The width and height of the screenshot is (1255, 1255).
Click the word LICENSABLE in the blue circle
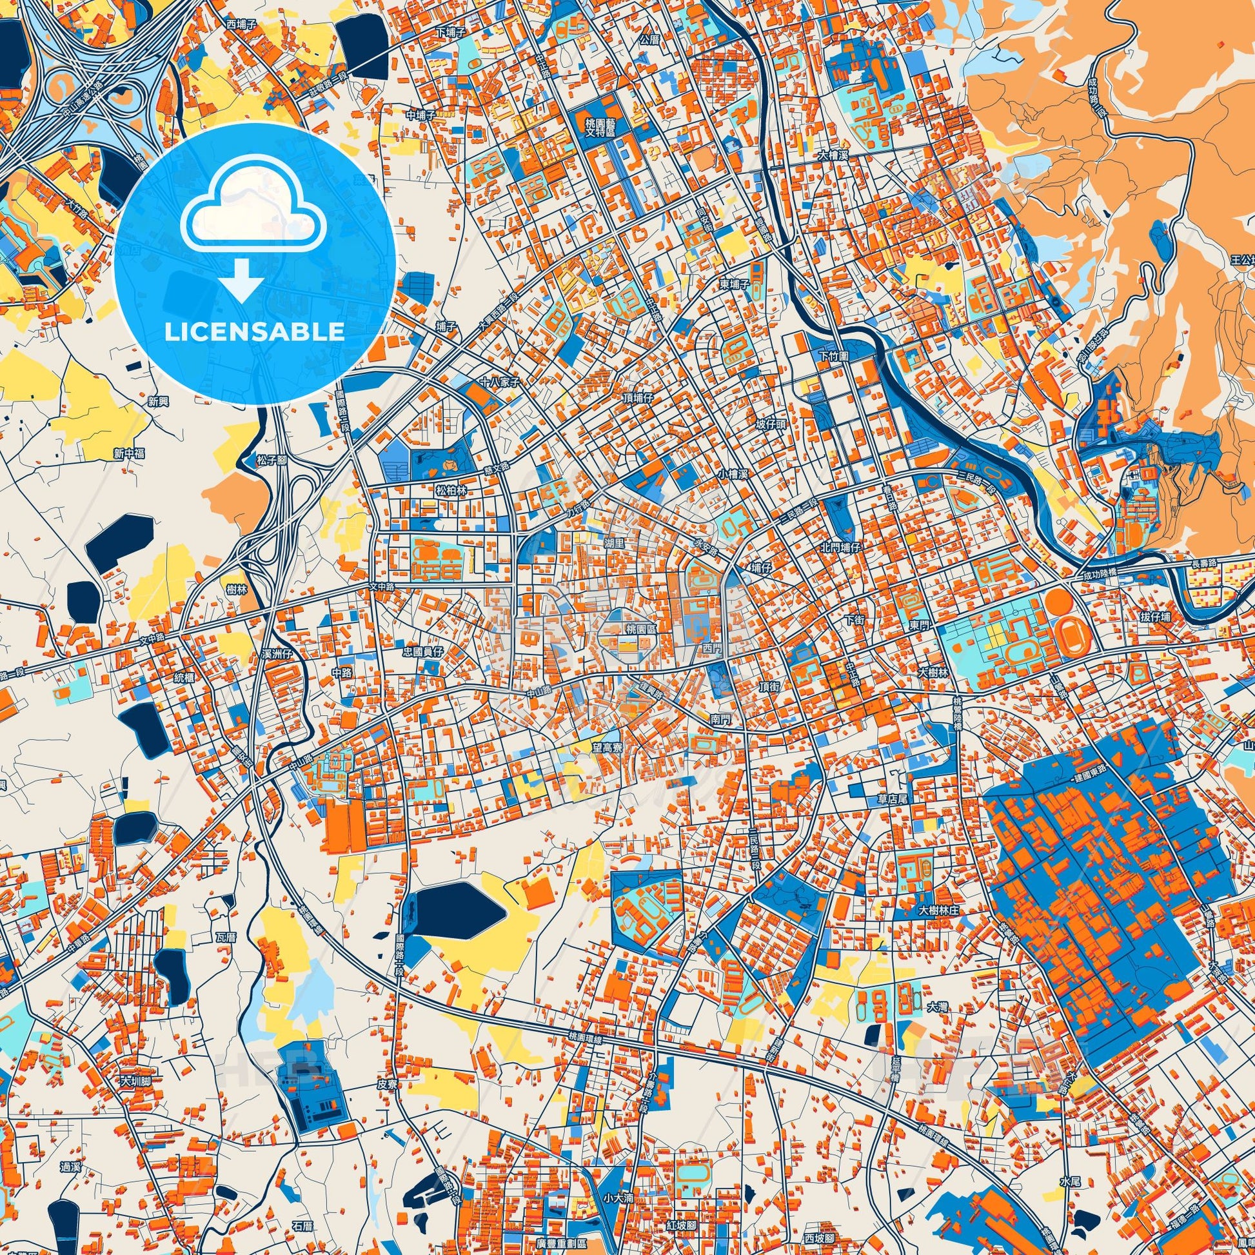coord(255,332)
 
